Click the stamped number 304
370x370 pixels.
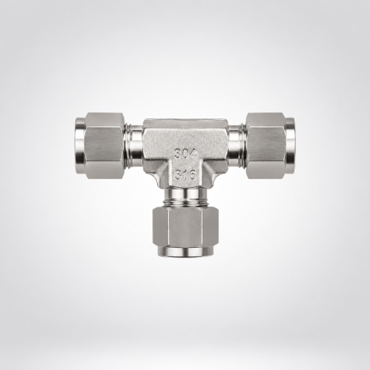click(186, 154)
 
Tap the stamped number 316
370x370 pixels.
click(185, 175)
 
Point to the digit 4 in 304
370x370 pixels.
click(193, 154)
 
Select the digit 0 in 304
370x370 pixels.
click(186, 154)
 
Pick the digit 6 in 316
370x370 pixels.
click(192, 175)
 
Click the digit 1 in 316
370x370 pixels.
click(185, 175)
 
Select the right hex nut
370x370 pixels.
click(266, 146)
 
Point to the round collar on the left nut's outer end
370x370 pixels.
click(80, 146)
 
